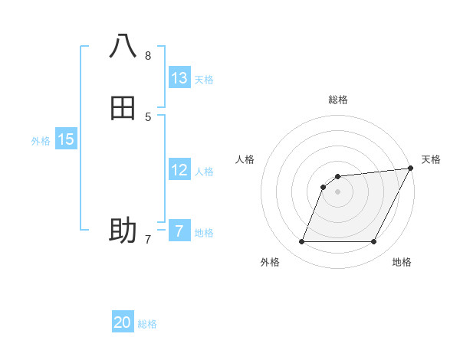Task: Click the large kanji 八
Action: [x=123, y=47]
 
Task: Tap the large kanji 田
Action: [x=123, y=107]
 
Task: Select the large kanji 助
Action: [x=123, y=229]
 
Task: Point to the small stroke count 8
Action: [x=148, y=55]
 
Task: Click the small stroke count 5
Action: [x=148, y=116]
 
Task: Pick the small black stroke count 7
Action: [x=148, y=240]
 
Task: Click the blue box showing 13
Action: [x=179, y=78]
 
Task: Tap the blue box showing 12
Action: [x=179, y=170]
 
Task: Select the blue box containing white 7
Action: [x=179, y=231]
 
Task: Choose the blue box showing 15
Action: [x=66, y=139]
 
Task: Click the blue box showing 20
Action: [x=123, y=322]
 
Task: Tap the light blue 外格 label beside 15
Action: [x=41, y=141]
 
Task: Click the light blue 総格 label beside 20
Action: [x=147, y=324]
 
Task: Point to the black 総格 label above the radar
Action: [x=338, y=100]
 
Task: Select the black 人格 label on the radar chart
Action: [x=245, y=159]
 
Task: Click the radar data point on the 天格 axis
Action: [x=411, y=169]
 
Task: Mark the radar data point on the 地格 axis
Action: [x=374, y=242]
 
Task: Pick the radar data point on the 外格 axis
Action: [x=301, y=242]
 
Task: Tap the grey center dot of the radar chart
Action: [x=338, y=192]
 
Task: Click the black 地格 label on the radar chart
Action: [x=402, y=262]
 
